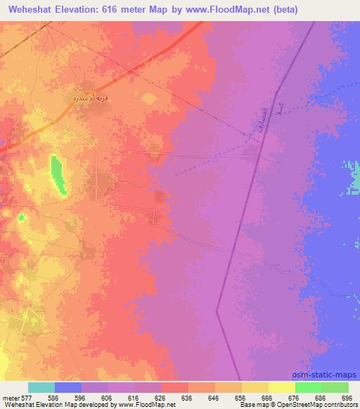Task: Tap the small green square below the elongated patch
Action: click(x=21, y=216)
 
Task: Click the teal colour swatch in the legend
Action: click(x=41, y=387)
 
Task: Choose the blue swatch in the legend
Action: click(x=68, y=387)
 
